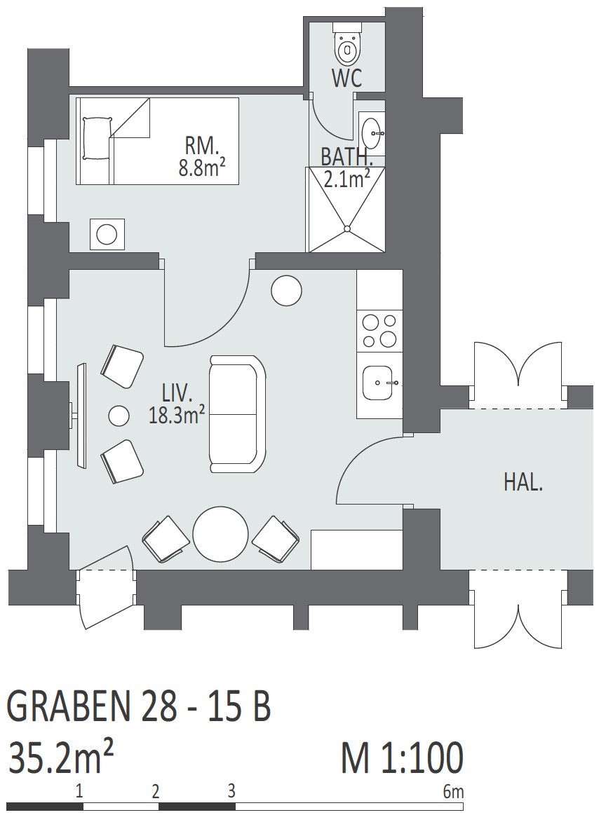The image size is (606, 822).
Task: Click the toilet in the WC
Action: pyautogui.click(x=347, y=45)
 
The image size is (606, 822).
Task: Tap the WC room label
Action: pyautogui.click(x=346, y=79)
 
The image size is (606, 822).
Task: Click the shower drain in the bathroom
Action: pyautogui.click(x=346, y=228)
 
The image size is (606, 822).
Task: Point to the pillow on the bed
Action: pyautogui.click(x=97, y=139)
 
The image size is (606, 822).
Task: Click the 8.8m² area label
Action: pyautogui.click(x=203, y=168)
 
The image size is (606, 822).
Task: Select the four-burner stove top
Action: pyautogui.click(x=379, y=330)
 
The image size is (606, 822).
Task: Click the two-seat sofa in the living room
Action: pyautogui.click(x=237, y=413)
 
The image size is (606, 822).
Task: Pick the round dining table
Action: pyautogui.click(x=220, y=534)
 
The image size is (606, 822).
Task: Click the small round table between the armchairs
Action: pyautogui.click(x=119, y=416)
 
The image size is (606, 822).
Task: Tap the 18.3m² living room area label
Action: pyautogui.click(x=176, y=416)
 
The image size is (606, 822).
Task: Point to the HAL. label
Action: pyautogui.click(x=523, y=482)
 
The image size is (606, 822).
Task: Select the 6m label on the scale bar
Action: pyautogui.click(x=453, y=791)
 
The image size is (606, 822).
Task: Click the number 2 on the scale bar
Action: pyautogui.click(x=155, y=791)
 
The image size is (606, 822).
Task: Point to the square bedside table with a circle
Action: pyautogui.click(x=107, y=234)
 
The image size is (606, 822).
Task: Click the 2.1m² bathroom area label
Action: pyautogui.click(x=346, y=179)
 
